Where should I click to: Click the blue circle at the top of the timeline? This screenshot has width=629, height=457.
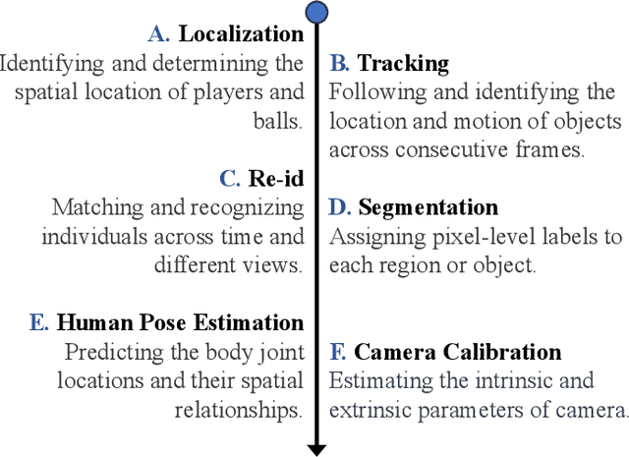316,13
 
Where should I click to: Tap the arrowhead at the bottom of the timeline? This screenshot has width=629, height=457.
316,448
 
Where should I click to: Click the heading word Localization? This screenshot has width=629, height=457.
241,34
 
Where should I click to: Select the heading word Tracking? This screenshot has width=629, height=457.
403,64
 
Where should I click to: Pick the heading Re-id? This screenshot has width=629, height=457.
276,179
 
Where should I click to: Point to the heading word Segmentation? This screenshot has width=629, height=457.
428,207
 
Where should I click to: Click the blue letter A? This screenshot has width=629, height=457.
159,34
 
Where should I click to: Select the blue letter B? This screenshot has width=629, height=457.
339,64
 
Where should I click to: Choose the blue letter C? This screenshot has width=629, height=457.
230,179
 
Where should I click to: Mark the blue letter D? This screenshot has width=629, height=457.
339,207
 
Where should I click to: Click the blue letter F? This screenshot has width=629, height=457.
337,352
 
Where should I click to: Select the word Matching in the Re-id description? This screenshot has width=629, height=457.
91,208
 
